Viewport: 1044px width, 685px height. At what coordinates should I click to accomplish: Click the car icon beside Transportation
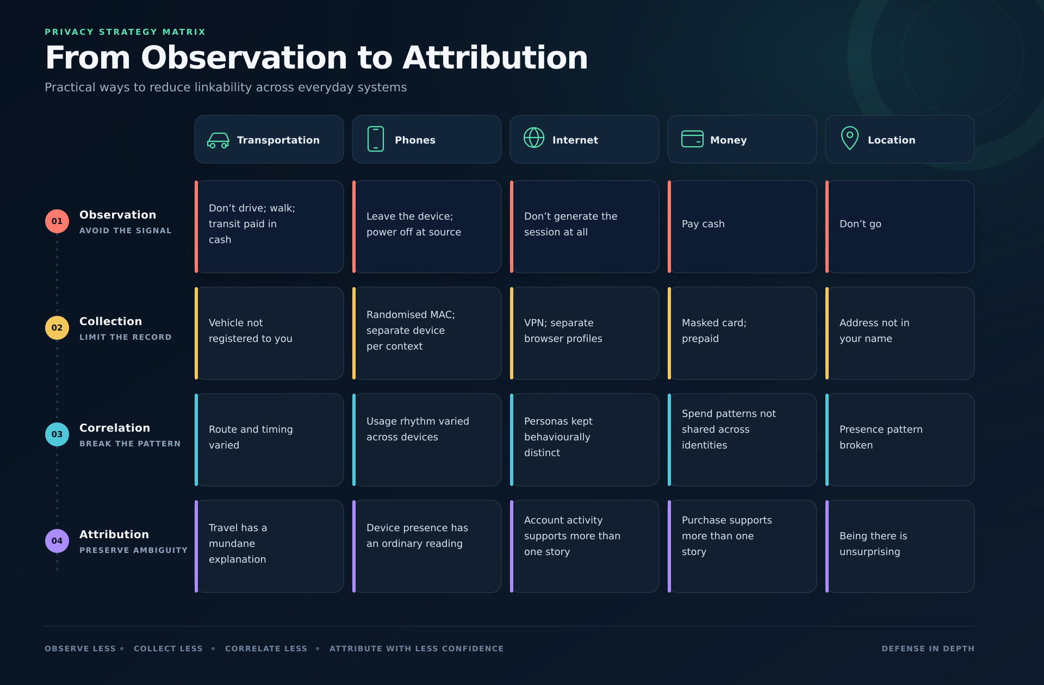coord(218,140)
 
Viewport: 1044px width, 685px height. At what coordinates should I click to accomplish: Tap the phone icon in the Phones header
coord(376,139)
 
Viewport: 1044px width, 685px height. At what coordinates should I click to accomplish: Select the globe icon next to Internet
coord(534,138)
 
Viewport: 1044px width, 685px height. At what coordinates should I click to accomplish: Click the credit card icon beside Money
coord(692,139)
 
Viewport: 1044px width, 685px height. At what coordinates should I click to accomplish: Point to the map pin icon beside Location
coord(850,138)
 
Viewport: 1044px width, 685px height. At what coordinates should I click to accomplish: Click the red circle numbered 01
coord(57,221)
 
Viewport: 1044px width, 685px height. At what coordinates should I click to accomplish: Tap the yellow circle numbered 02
coord(57,328)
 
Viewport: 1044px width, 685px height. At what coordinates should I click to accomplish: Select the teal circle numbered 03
coord(57,434)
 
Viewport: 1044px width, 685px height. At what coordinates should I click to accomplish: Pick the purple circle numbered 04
coord(57,541)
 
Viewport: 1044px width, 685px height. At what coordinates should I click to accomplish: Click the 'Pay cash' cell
coord(742,227)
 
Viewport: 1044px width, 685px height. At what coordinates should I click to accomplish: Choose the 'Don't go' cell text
coord(860,224)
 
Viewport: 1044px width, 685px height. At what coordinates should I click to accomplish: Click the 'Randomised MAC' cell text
coord(411,331)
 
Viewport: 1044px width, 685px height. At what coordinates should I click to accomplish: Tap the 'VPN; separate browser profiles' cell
coord(585,333)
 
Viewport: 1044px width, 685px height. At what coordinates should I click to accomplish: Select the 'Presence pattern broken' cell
coord(900,440)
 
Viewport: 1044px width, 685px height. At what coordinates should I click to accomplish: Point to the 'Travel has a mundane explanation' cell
coord(269,546)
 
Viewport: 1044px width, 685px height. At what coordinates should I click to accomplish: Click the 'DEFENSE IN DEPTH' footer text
coord(928,649)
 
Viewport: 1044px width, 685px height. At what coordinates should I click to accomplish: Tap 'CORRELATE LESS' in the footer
coord(266,649)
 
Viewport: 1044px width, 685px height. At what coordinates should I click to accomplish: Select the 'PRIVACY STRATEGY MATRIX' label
coord(125,32)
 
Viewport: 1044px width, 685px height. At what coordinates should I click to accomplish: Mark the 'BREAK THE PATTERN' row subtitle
coord(130,444)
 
